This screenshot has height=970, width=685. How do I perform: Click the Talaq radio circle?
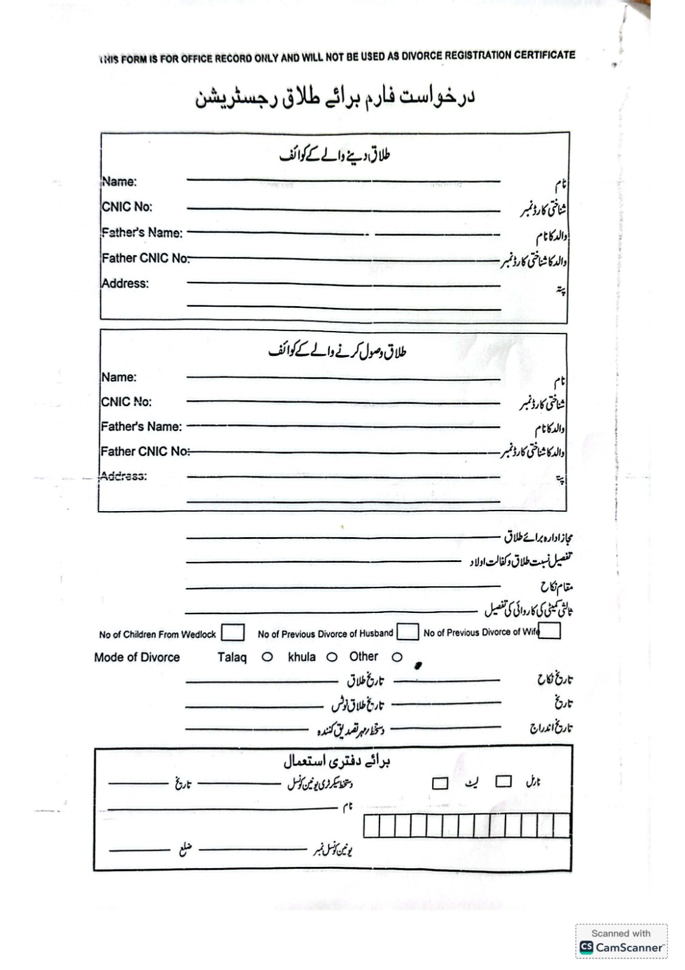pyautogui.click(x=267, y=657)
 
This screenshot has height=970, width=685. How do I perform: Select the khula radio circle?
pyautogui.click(x=332, y=657)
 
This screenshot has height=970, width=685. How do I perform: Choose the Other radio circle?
pyautogui.click(x=397, y=657)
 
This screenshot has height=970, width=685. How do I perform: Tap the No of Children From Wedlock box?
pyautogui.click(x=233, y=633)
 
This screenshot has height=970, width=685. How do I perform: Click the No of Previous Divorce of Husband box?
pyautogui.click(x=407, y=632)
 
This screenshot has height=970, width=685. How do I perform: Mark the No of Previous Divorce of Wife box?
pyautogui.click(x=549, y=631)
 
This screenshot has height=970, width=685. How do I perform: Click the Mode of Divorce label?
pyautogui.click(x=137, y=657)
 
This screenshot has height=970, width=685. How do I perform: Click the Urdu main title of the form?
pyautogui.click(x=335, y=98)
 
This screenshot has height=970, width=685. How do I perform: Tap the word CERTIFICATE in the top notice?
pyautogui.click(x=544, y=55)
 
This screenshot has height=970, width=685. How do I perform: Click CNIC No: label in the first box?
pyautogui.click(x=127, y=207)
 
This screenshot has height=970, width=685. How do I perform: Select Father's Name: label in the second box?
pyautogui.click(x=141, y=427)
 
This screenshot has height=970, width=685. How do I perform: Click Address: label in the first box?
pyautogui.click(x=125, y=283)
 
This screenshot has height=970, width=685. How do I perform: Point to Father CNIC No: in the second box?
pyautogui.click(x=145, y=452)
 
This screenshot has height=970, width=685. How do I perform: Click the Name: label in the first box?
pyautogui.click(x=119, y=181)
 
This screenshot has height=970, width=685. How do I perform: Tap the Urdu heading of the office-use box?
pyautogui.click(x=336, y=760)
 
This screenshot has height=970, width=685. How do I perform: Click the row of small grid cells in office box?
pyautogui.click(x=467, y=826)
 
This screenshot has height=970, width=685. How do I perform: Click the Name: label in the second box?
pyautogui.click(x=119, y=377)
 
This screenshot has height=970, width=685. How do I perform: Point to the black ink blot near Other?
pyautogui.click(x=417, y=666)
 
